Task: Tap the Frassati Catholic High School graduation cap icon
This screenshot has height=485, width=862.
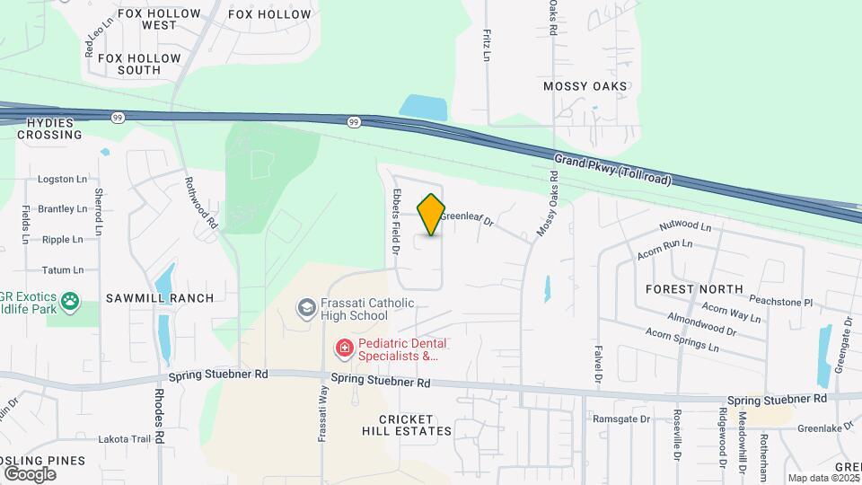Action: click(x=307, y=309)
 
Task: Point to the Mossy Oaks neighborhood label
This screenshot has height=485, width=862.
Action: click(x=585, y=86)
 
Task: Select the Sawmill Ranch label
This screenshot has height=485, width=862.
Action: click(x=160, y=298)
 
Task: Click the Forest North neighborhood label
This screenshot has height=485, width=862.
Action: click(x=694, y=289)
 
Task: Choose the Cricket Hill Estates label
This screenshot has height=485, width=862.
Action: click(x=406, y=425)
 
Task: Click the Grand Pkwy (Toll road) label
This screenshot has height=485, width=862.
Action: click(x=612, y=169)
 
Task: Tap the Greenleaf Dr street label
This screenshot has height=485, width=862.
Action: click(x=468, y=216)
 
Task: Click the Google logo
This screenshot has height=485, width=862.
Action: click(x=30, y=473)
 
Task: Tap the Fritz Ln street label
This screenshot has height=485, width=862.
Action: click(x=486, y=45)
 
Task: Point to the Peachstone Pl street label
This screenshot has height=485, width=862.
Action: click(x=780, y=303)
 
